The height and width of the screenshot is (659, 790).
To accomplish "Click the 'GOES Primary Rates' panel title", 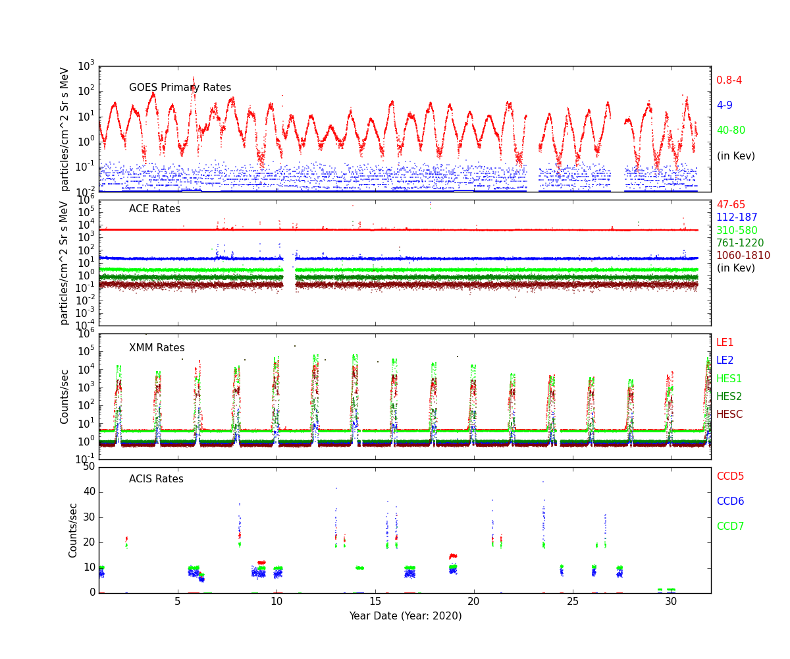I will coord(180,88).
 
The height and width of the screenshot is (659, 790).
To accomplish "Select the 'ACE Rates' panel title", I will coord(154,209).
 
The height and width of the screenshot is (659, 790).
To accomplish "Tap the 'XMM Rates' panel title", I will coord(157,348).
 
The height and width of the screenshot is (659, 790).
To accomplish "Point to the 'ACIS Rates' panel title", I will coord(156,479).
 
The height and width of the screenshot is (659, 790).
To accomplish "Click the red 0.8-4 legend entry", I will coord(729,80).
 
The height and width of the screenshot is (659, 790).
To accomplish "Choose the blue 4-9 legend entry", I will coord(724,105).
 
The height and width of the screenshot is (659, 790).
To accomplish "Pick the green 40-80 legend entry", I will coord(731,130).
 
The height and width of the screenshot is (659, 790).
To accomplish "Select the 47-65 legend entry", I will coord(731,205).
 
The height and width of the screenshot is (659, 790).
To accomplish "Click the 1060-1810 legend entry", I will coord(743,256).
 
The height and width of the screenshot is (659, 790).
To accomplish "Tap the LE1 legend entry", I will coord(725,343).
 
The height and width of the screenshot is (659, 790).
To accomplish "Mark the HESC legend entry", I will coord(729,415).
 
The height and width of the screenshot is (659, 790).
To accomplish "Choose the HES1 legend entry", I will coord(729,379).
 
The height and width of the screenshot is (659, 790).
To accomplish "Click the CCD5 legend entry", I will coord(730,476).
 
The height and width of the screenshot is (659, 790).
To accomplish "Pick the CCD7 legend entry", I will coord(730,527).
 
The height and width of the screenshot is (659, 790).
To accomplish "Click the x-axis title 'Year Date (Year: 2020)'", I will coord(405,616).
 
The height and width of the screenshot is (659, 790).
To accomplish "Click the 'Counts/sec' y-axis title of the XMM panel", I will coord(65,396).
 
